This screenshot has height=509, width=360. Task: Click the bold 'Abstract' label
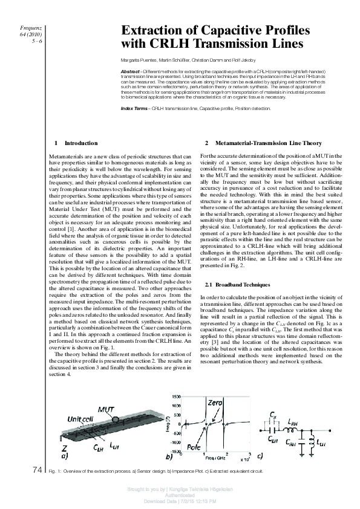pyautogui.click(x=131, y=71)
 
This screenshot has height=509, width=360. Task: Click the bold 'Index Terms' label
pyautogui.click(x=134, y=108)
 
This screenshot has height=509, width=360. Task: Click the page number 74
pyautogui.click(x=36, y=469)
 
